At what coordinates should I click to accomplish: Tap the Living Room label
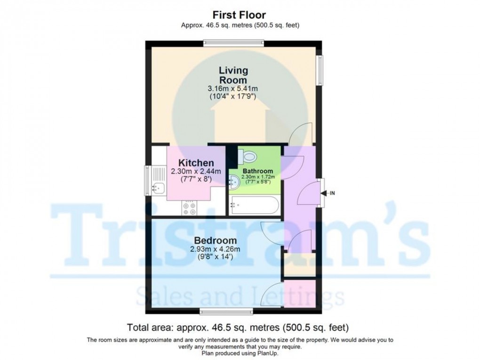[233, 75]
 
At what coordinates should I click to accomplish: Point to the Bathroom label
[257, 171]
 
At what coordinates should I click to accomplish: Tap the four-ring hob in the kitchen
[190, 208]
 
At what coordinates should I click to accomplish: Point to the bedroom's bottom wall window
[225, 311]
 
